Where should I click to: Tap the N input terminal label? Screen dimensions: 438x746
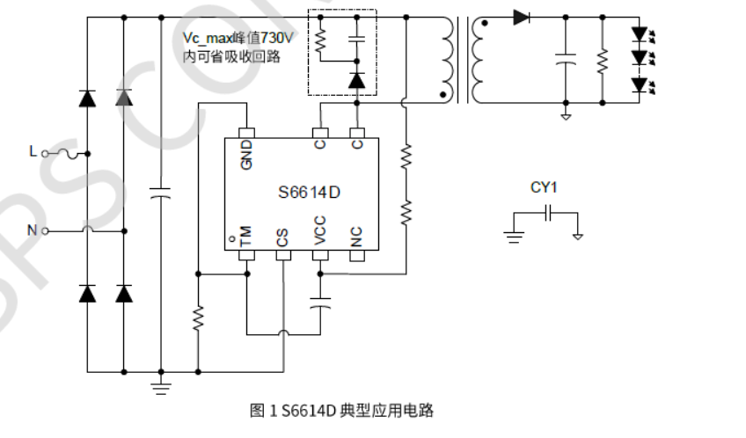[32, 231]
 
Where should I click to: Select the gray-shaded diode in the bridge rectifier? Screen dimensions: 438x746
[124, 98]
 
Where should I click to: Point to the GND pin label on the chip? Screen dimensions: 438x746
[247, 156]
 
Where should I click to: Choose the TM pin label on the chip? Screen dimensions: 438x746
[246, 236]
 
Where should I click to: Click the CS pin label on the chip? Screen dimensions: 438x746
[282, 237]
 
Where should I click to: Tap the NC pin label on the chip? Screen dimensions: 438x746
[357, 237]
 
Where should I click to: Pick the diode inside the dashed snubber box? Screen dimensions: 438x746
[356, 80]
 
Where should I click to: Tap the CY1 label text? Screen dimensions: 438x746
[544, 187]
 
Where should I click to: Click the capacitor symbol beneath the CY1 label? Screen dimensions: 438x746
[547, 213]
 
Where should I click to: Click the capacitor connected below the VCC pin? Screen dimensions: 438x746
[320, 303]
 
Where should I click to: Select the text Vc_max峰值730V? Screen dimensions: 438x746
[237, 39]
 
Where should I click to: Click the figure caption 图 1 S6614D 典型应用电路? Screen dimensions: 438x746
[341, 411]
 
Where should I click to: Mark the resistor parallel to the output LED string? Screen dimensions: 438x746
[603, 60]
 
